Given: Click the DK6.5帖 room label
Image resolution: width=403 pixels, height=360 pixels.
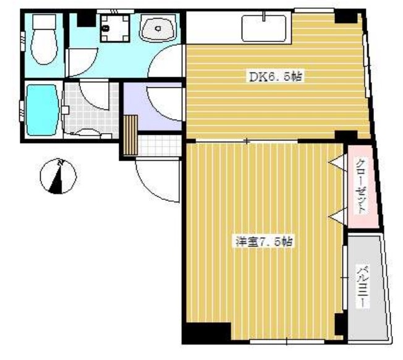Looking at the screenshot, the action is point(276,76).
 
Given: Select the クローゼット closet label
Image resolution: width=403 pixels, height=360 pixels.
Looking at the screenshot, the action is point(362,186).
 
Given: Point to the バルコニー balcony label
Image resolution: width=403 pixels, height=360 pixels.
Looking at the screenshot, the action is point(363,287).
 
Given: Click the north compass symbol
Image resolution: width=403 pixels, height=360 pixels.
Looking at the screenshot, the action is point(58,176).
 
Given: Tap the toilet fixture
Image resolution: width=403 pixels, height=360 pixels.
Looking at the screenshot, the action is point(44,39).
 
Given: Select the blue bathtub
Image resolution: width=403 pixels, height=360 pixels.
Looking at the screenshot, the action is point(42,110).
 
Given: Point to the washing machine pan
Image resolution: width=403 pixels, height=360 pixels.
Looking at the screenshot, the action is point(114,28).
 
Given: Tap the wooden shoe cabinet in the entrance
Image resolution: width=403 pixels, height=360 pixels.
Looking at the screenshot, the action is point(130,135).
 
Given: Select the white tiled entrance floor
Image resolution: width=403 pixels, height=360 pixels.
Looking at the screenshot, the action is point(159,145).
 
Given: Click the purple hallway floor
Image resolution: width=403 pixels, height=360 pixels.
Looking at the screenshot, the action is point(152,107).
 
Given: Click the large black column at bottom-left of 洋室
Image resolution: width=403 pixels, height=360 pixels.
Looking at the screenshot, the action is point(206,333).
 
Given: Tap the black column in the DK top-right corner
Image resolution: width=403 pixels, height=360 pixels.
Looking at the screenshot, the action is point(346,16).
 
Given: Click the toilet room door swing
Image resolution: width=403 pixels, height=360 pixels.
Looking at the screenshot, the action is point(82,62).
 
